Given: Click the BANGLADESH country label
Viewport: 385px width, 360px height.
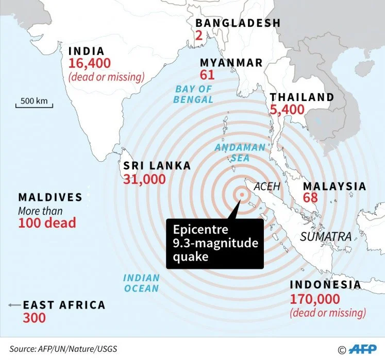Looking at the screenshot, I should coord(238,23).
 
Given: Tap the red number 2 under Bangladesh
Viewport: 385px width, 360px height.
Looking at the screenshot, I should coord(198,36).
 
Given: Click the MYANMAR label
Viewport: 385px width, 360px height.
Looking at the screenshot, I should coord(231,63).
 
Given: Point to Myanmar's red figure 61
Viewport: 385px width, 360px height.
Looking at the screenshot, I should coord(207,75).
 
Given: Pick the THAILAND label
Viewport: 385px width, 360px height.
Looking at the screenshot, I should coord(302,97).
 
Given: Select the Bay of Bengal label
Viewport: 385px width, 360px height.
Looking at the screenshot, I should coord(193,94).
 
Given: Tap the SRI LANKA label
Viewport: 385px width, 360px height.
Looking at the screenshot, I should coord(157,166).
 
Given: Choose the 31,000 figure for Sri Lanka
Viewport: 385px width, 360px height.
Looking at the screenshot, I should coord(144,179).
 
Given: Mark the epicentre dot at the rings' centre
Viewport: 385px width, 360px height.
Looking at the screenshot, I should coord(241,194).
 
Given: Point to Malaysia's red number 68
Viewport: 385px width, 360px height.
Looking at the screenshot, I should coord(310,198).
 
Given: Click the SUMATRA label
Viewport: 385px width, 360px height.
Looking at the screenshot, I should coord(326,237).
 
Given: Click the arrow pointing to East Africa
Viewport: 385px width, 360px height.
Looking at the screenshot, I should coord(13,305).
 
